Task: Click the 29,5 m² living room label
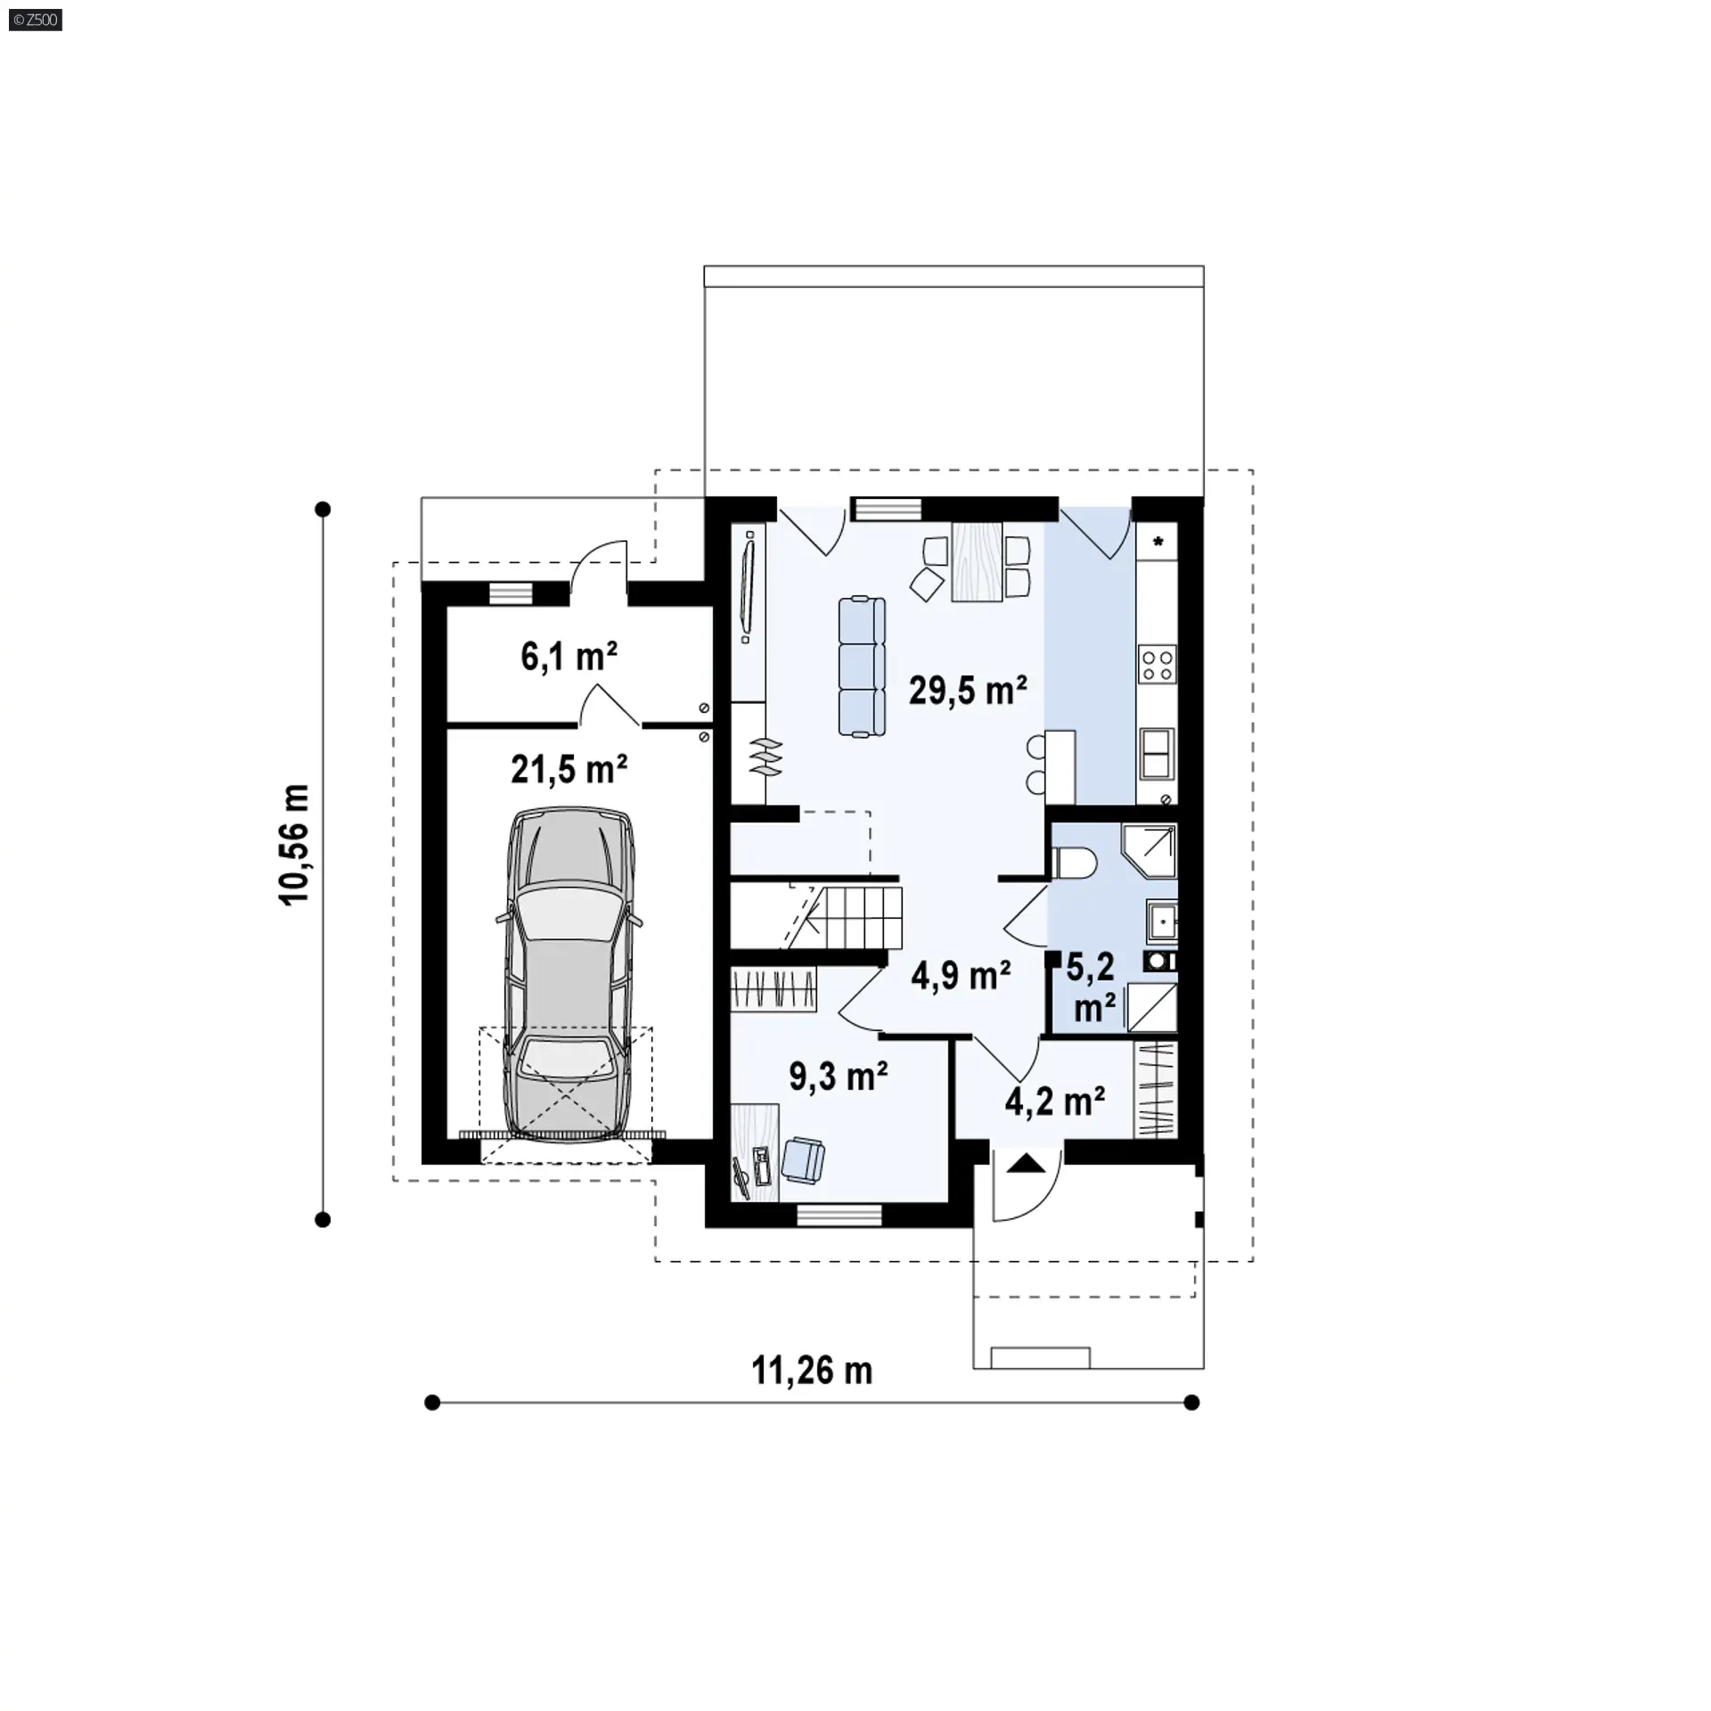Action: tap(968, 691)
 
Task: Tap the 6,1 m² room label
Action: tap(569, 657)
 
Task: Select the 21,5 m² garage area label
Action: tap(569, 770)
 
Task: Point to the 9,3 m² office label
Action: tap(838, 1077)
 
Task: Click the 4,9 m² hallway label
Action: tap(961, 976)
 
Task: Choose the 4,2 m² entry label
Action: tap(1055, 1101)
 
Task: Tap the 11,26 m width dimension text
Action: tap(812, 1371)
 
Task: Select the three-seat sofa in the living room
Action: tap(862, 667)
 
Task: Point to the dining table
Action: tap(978, 561)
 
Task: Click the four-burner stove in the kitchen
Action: tap(1157, 664)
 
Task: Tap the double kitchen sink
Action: tap(1157, 753)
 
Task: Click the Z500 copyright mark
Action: tap(36, 20)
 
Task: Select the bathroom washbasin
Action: tap(1163, 921)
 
